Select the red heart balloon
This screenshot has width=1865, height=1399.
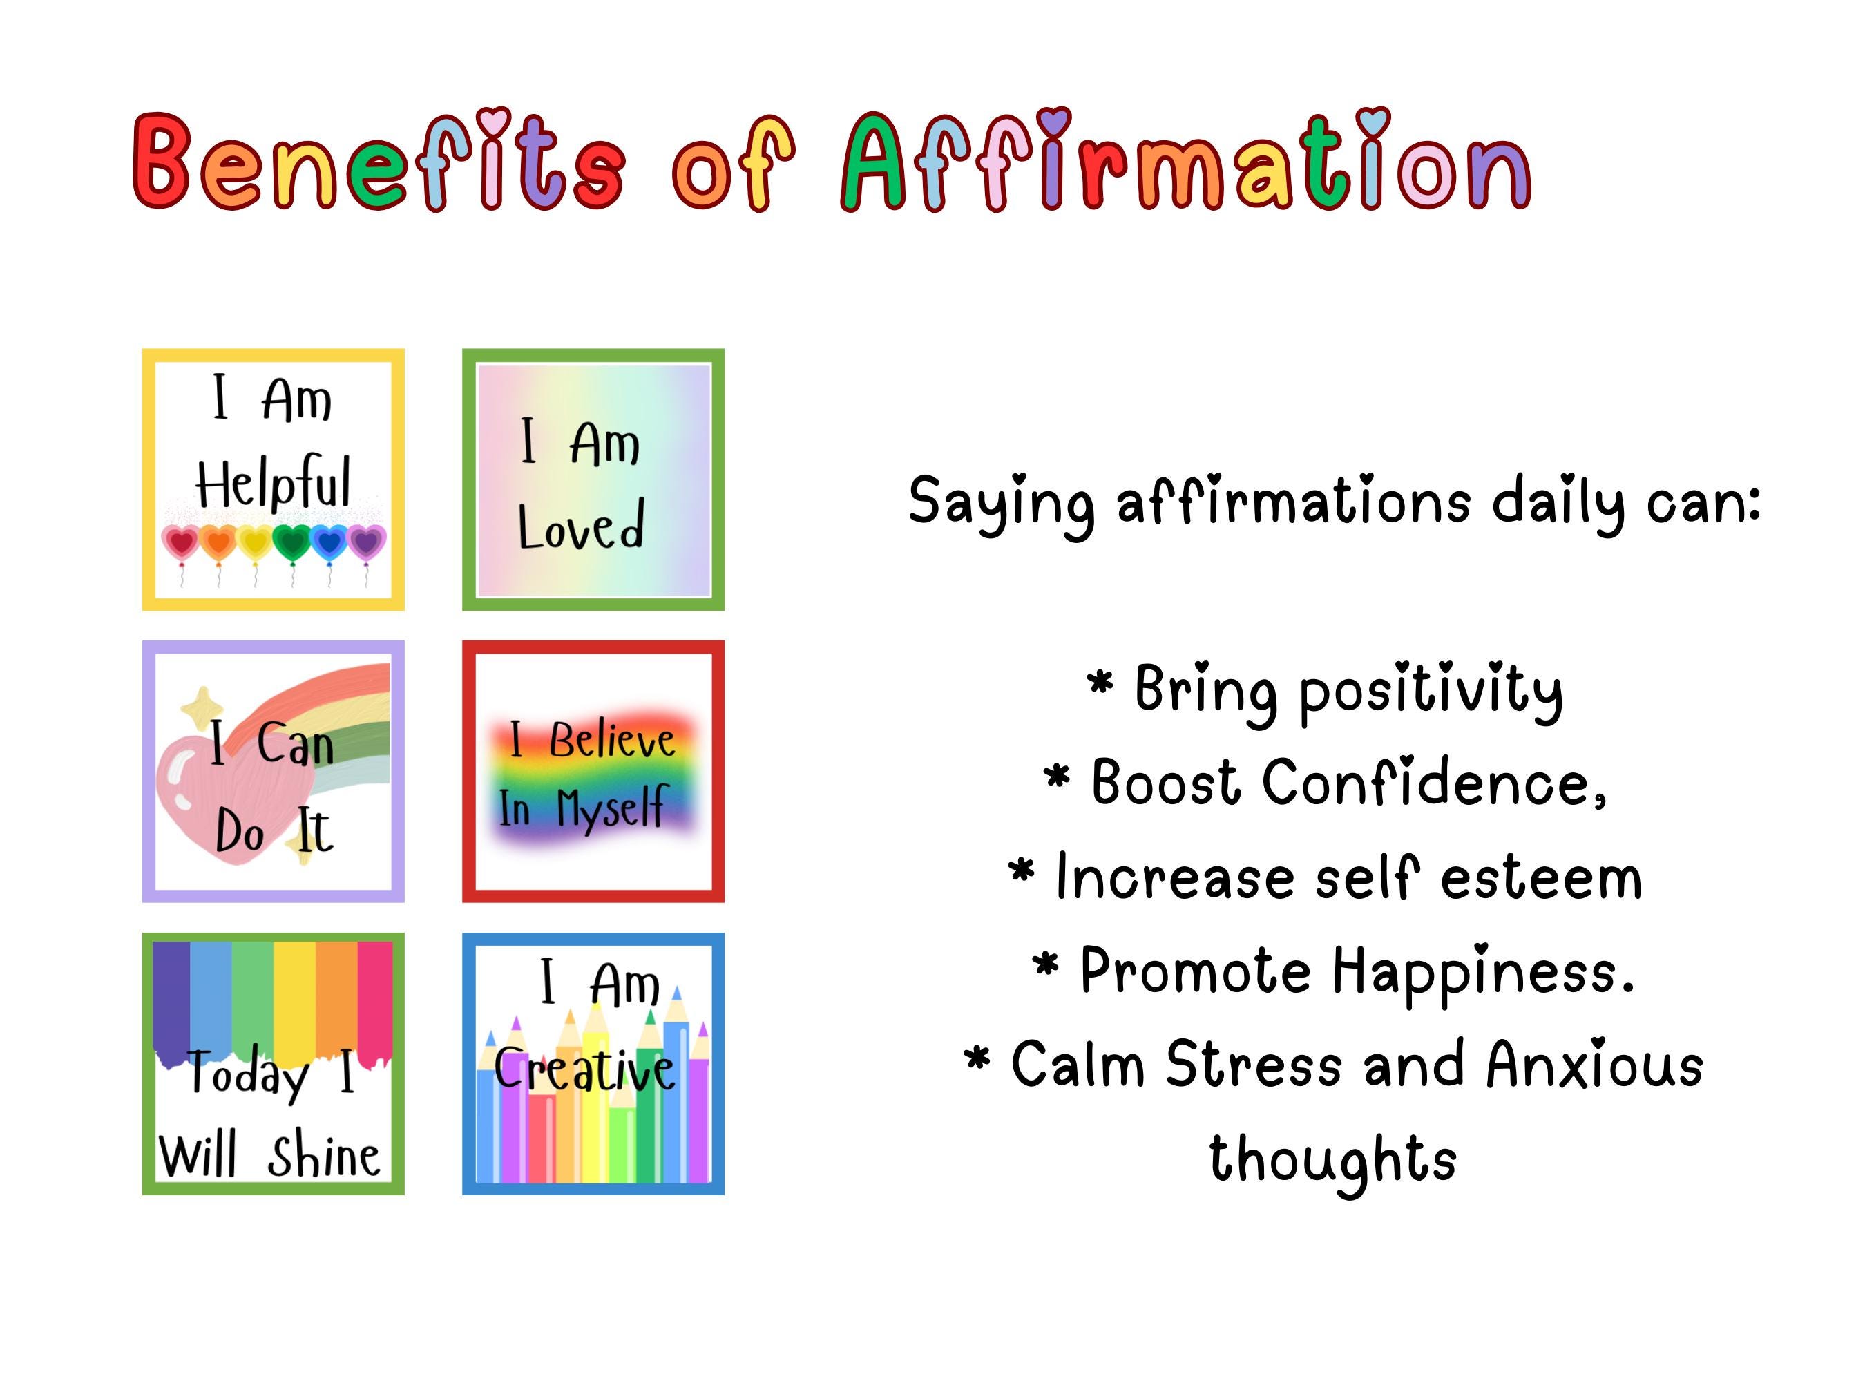tap(181, 542)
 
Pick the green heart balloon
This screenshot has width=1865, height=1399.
tap(293, 542)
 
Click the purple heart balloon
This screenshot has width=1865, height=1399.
tap(366, 542)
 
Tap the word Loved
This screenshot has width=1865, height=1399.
tap(581, 526)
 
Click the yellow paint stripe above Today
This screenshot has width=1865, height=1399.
tap(294, 995)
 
